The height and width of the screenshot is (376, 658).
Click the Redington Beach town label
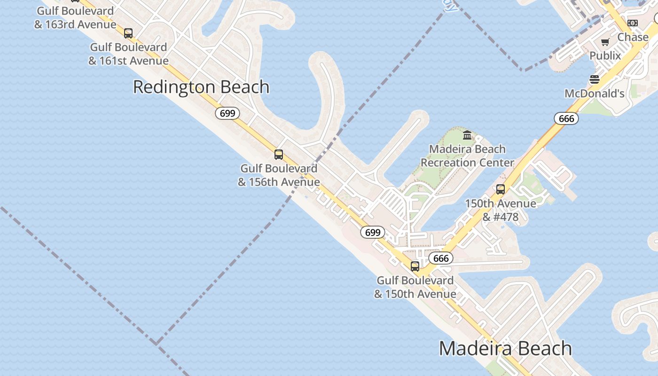pyautogui.click(x=201, y=87)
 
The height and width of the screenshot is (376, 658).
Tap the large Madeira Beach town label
pyautogui.click(x=505, y=349)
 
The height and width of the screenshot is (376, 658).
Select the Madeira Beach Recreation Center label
pyautogui.click(x=467, y=156)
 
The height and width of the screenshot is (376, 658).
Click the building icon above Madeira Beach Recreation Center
pyautogui.click(x=467, y=135)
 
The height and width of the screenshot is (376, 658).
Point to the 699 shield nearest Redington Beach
pyautogui.click(x=227, y=113)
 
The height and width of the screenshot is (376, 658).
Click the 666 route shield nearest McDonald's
pyautogui.click(x=566, y=118)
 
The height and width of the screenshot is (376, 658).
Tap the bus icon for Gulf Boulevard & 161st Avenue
pyautogui.click(x=128, y=33)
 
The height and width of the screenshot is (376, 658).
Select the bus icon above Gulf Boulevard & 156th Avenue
pyautogui.click(x=279, y=154)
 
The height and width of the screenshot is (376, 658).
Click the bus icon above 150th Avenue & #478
pyautogui.click(x=501, y=189)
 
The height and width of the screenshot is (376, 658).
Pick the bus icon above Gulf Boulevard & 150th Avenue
pyautogui.click(x=415, y=266)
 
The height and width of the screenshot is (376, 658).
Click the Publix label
pyautogui.click(x=605, y=55)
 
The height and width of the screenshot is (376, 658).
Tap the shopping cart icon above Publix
pyautogui.click(x=605, y=42)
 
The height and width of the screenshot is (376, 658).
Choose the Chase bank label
pyautogui.click(x=633, y=37)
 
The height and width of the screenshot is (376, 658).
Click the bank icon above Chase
pyautogui.click(x=633, y=23)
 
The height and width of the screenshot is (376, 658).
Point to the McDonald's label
pyautogui.click(x=595, y=94)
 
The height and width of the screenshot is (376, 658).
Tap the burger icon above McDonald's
pyautogui.click(x=595, y=79)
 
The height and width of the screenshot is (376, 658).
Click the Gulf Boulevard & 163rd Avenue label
pyautogui.click(x=75, y=17)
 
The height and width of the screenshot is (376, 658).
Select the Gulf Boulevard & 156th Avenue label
pyautogui.click(x=279, y=175)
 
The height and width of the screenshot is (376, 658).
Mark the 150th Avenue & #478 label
pyautogui.click(x=501, y=210)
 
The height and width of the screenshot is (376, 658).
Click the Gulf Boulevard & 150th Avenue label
pyautogui.click(x=415, y=287)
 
